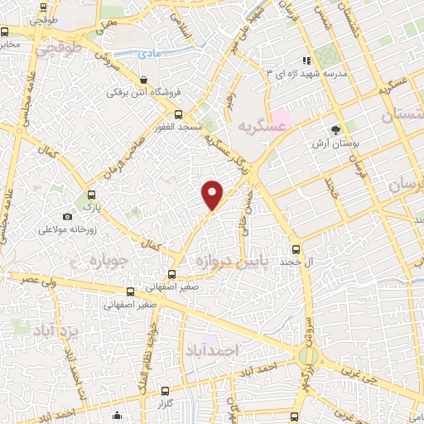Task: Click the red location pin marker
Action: click(213, 194)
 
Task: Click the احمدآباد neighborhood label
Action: click(213, 349)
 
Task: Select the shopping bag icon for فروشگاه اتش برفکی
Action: click(146, 80)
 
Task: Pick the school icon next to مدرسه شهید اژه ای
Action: click(306, 60)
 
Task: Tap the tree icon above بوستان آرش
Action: click(335, 129)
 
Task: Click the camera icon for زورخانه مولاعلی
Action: click(67, 216)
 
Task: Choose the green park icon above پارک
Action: click(90, 200)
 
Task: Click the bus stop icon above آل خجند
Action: click(296, 249)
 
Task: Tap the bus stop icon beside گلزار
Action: click(166, 390)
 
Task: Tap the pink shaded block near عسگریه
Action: click(279, 117)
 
